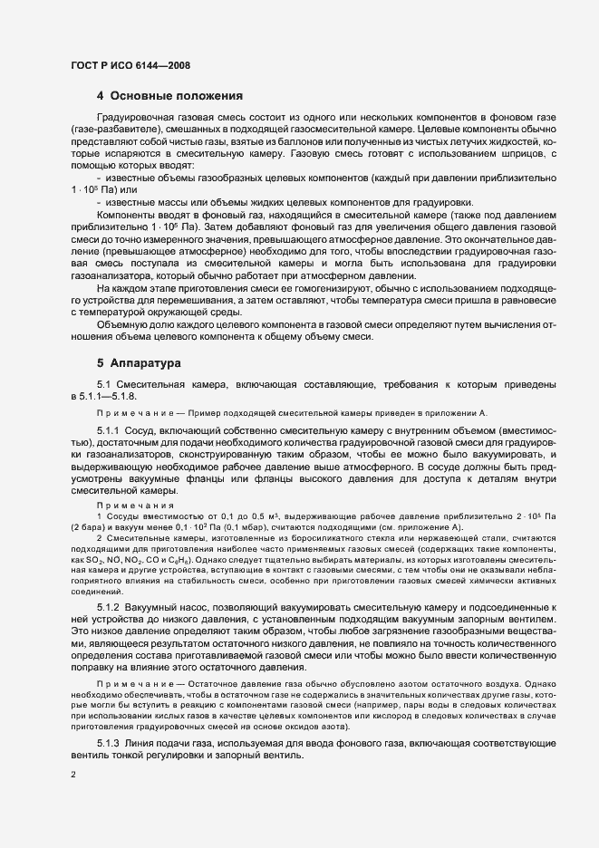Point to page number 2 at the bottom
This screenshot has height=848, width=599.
point(72,776)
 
